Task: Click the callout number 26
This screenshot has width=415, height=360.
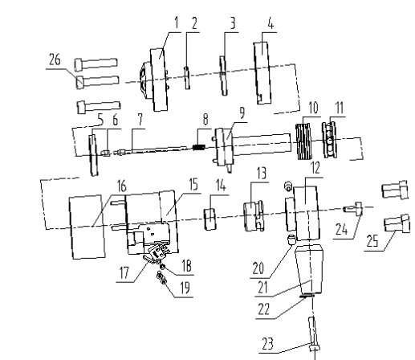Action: (55, 59)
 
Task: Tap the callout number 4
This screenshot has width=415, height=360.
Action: (271, 23)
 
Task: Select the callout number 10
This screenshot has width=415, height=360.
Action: (313, 108)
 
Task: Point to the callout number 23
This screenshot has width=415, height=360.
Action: (268, 344)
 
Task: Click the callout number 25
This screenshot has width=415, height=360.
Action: (372, 241)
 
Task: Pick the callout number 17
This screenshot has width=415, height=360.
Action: (124, 273)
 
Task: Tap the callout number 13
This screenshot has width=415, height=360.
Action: (262, 173)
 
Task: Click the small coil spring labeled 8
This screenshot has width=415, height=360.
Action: (199, 147)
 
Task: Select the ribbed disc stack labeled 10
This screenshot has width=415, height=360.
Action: (303, 141)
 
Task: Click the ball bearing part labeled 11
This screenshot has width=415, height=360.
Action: (330, 140)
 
